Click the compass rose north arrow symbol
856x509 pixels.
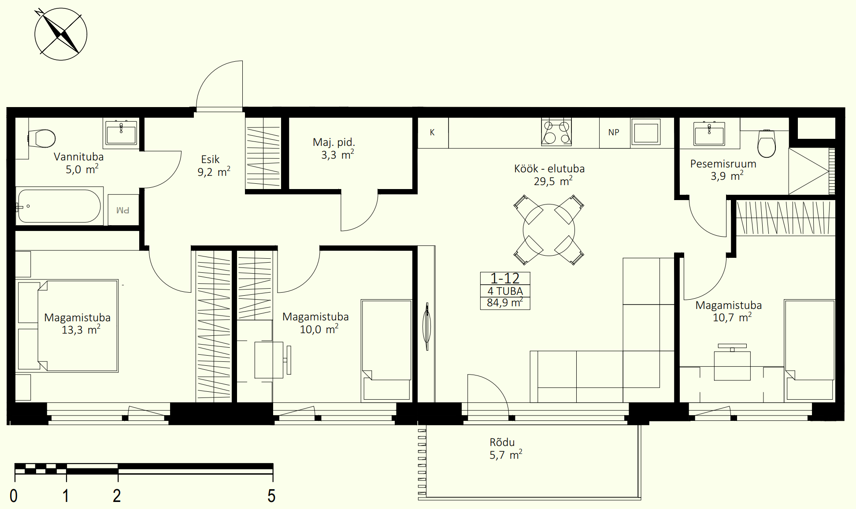pyautogui.click(x=61, y=34)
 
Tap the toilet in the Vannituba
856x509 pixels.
pyautogui.click(x=41, y=138)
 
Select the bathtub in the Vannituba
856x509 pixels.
pyautogui.click(x=59, y=206)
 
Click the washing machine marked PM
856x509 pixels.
pyautogui.click(x=123, y=210)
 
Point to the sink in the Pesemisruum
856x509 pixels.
pyautogui.click(x=709, y=133)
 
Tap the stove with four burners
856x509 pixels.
pyautogui.click(x=556, y=132)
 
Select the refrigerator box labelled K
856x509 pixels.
pyautogui.click(x=433, y=133)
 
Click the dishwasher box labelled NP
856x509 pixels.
pyautogui.click(x=614, y=133)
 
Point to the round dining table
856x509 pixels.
pyautogui.click(x=549, y=230)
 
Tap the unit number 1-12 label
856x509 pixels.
pyautogui.click(x=505, y=279)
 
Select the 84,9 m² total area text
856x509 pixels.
pyautogui.click(x=505, y=303)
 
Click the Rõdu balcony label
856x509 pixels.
pyautogui.click(x=502, y=442)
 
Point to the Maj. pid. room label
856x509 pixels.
pyautogui.click(x=334, y=142)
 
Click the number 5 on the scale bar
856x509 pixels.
pyautogui.click(x=271, y=496)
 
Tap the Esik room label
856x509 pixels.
pyautogui.click(x=210, y=160)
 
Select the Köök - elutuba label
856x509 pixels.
pyautogui.click(x=549, y=169)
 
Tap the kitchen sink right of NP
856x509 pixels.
pyautogui.click(x=646, y=132)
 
